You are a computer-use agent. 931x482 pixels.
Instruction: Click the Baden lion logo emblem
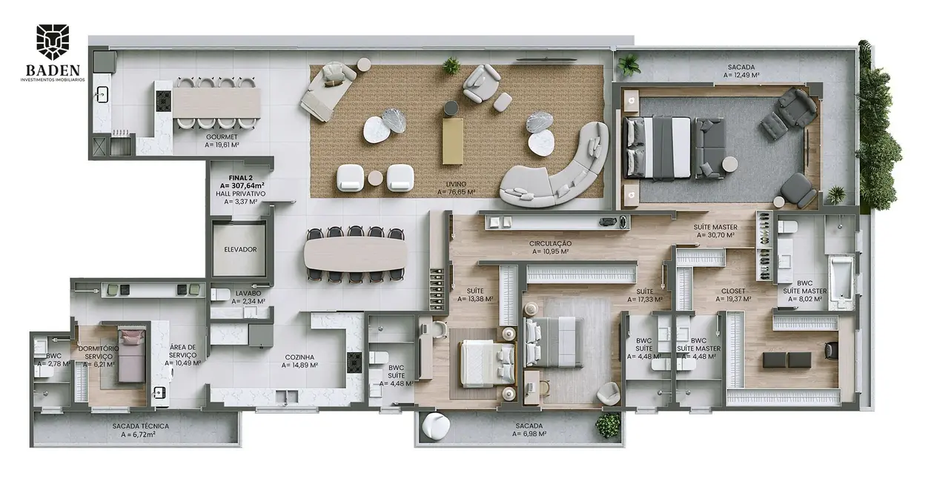(x=53, y=42)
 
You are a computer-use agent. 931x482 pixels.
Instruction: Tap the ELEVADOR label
(x=240, y=249)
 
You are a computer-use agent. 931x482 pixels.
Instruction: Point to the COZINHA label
(x=301, y=357)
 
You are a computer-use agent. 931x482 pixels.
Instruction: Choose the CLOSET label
(x=734, y=291)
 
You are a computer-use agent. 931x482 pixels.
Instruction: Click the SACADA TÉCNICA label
(x=141, y=426)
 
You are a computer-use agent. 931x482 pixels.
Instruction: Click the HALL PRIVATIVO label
(x=240, y=194)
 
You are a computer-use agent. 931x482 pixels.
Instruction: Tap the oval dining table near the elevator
(x=355, y=254)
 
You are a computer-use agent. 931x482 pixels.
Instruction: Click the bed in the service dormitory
(x=132, y=354)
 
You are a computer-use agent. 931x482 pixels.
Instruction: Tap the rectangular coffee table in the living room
(x=452, y=141)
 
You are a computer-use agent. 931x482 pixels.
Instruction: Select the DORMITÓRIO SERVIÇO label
(x=99, y=356)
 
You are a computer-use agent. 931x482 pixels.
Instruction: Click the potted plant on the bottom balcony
(x=609, y=424)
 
